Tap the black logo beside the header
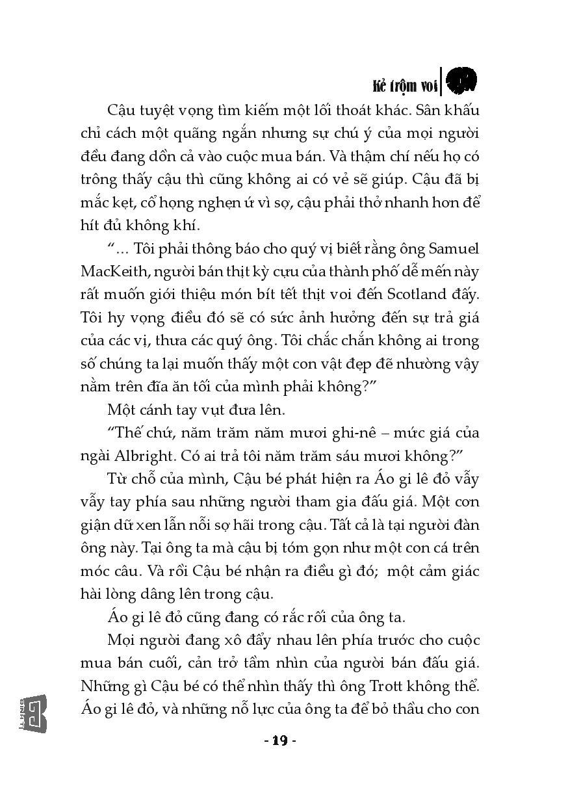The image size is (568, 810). click(x=461, y=80)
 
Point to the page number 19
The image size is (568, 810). click(x=280, y=740)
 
